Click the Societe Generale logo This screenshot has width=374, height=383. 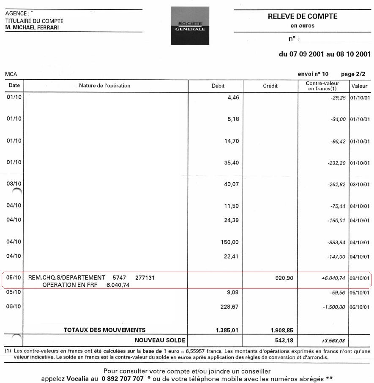[190, 26]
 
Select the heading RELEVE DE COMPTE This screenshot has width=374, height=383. [303, 16]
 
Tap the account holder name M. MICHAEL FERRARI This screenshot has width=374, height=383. [32, 27]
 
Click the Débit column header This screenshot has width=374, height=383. [218, 86]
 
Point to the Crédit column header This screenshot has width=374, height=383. [270, 86]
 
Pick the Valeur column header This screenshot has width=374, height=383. [359, 86]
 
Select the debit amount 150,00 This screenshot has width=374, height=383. [231, 242]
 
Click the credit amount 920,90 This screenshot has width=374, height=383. [283, 278]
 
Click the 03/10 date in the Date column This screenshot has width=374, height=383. [14, 184]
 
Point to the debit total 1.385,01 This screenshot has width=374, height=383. [227, 330]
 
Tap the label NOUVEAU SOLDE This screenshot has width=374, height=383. [160, 340]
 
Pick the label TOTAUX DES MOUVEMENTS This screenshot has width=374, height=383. [104, 330]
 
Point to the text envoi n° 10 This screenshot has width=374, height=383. [313, 74]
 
